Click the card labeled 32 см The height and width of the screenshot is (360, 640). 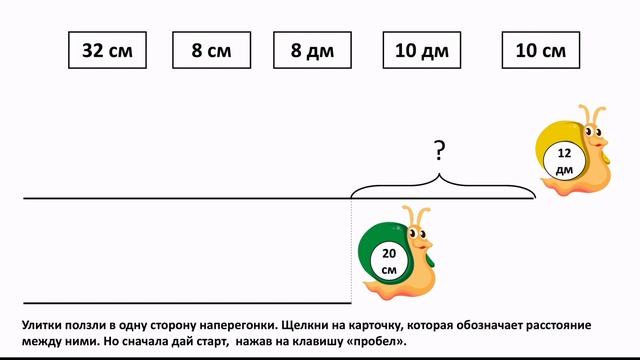(x=107, y=50)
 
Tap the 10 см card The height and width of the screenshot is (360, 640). (x=540, y=50)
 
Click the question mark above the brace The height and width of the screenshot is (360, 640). (x=439, y=152)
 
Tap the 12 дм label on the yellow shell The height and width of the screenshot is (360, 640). (x=564, y=160)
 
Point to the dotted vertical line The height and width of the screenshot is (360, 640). (x=351, y=250)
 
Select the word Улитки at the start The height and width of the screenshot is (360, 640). (x=44, y=325)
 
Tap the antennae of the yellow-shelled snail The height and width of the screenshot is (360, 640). (x=591, y=113)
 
